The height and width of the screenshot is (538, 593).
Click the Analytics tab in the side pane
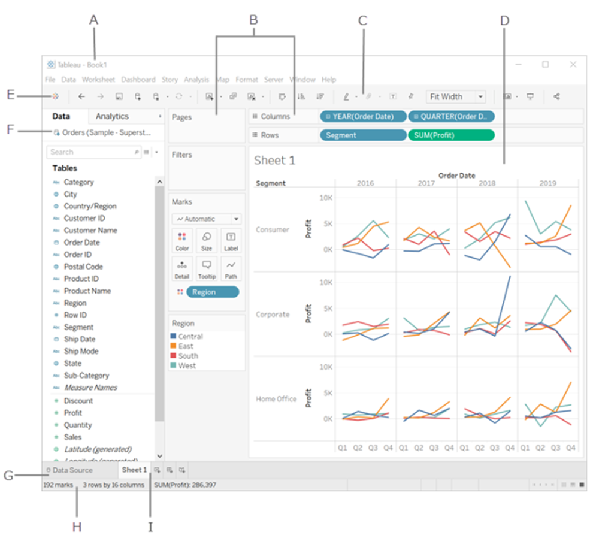point(112,116)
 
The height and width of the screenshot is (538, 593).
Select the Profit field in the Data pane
point(73,413)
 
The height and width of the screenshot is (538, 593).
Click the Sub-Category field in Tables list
point(86,376)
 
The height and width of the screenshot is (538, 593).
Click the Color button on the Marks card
point(182,241)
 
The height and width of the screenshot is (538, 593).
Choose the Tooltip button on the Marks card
point(207,269)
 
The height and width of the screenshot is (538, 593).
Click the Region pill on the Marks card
point(212,292)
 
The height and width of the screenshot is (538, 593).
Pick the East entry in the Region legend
point(186,346)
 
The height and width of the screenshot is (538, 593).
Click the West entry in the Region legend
point(187,365)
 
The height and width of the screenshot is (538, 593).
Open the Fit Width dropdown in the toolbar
point(456,96)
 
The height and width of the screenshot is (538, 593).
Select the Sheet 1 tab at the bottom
point(134,470)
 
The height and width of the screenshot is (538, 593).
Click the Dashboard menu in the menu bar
point(138,80)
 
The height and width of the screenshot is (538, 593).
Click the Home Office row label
point(276,398)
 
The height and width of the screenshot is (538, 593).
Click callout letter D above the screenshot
point(504,20)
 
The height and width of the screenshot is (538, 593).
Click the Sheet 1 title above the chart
point(274,161)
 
